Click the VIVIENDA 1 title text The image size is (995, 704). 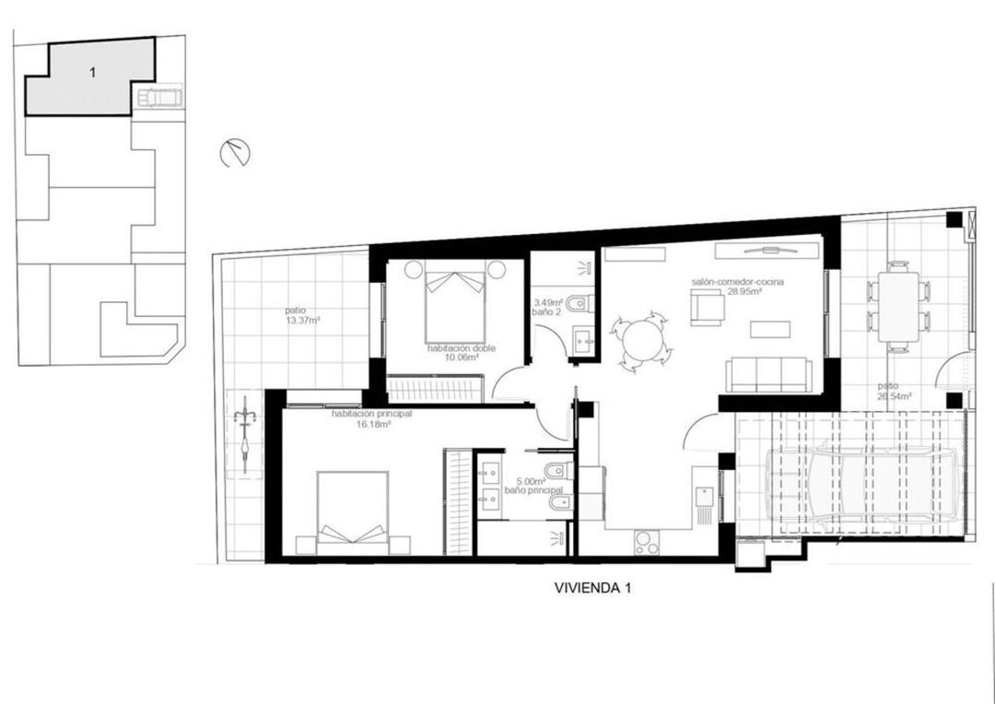coord(592,587)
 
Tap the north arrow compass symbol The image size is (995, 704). coord(235,153)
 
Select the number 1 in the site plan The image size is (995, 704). coord(93,73)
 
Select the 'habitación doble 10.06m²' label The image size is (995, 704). coord(452,353)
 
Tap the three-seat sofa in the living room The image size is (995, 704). coord(769,375)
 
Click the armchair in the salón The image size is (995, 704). coord(707,307)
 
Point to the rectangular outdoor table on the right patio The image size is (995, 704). coord(897,305)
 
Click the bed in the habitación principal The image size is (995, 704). coord(352,512)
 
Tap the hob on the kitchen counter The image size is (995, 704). coord(646,544)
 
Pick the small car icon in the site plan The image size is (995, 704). coord(161,97)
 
